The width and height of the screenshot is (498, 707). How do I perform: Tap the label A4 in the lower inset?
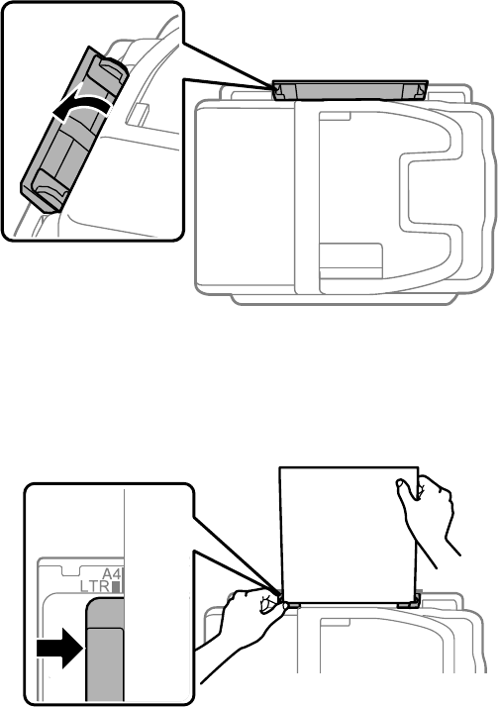tap(112, 575)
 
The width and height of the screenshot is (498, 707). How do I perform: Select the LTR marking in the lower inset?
tap(95, 586)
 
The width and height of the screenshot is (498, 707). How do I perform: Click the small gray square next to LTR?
tap(116, 587)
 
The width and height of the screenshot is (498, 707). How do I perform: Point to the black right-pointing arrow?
tap(60, 648)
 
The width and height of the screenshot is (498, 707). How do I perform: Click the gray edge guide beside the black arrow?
tap(105, 650)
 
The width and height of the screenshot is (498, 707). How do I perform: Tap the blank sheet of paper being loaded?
tap(348, 536)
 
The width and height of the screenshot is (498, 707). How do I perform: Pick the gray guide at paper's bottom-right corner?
tap(409, 601)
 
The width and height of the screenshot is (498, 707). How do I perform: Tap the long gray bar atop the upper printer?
tap(349, 90)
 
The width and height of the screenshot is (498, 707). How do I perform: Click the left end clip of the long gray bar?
tap(278, 92)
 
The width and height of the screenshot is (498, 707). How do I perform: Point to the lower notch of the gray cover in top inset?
tap(50, 188)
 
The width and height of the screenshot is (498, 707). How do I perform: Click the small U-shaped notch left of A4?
tap(70, 570)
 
